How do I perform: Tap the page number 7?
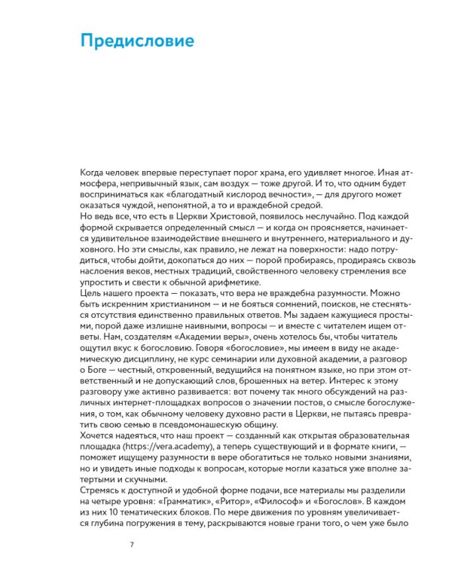tap(133, 544)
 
